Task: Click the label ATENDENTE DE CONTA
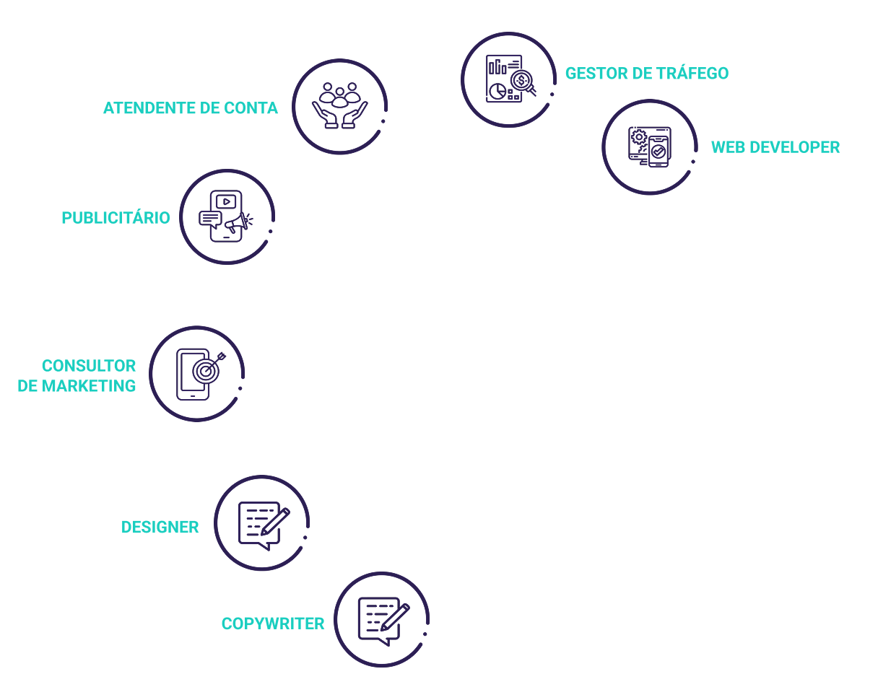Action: [x=190, y=108]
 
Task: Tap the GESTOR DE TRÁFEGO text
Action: [x=646, y=74]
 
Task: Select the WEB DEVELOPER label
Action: [x=775, y=147]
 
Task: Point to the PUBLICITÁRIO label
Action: [x=116, y=218]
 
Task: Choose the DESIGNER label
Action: [x=160, y=528]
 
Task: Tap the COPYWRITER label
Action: [x=272, y=624]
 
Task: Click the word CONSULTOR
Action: [x=88, y=366]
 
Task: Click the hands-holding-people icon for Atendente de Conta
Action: [x=339, y=106]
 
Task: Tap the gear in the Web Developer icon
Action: [x=638, y=136]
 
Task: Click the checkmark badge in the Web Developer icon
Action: [x=658, y=152]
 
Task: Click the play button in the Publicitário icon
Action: [x=226, y=202]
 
